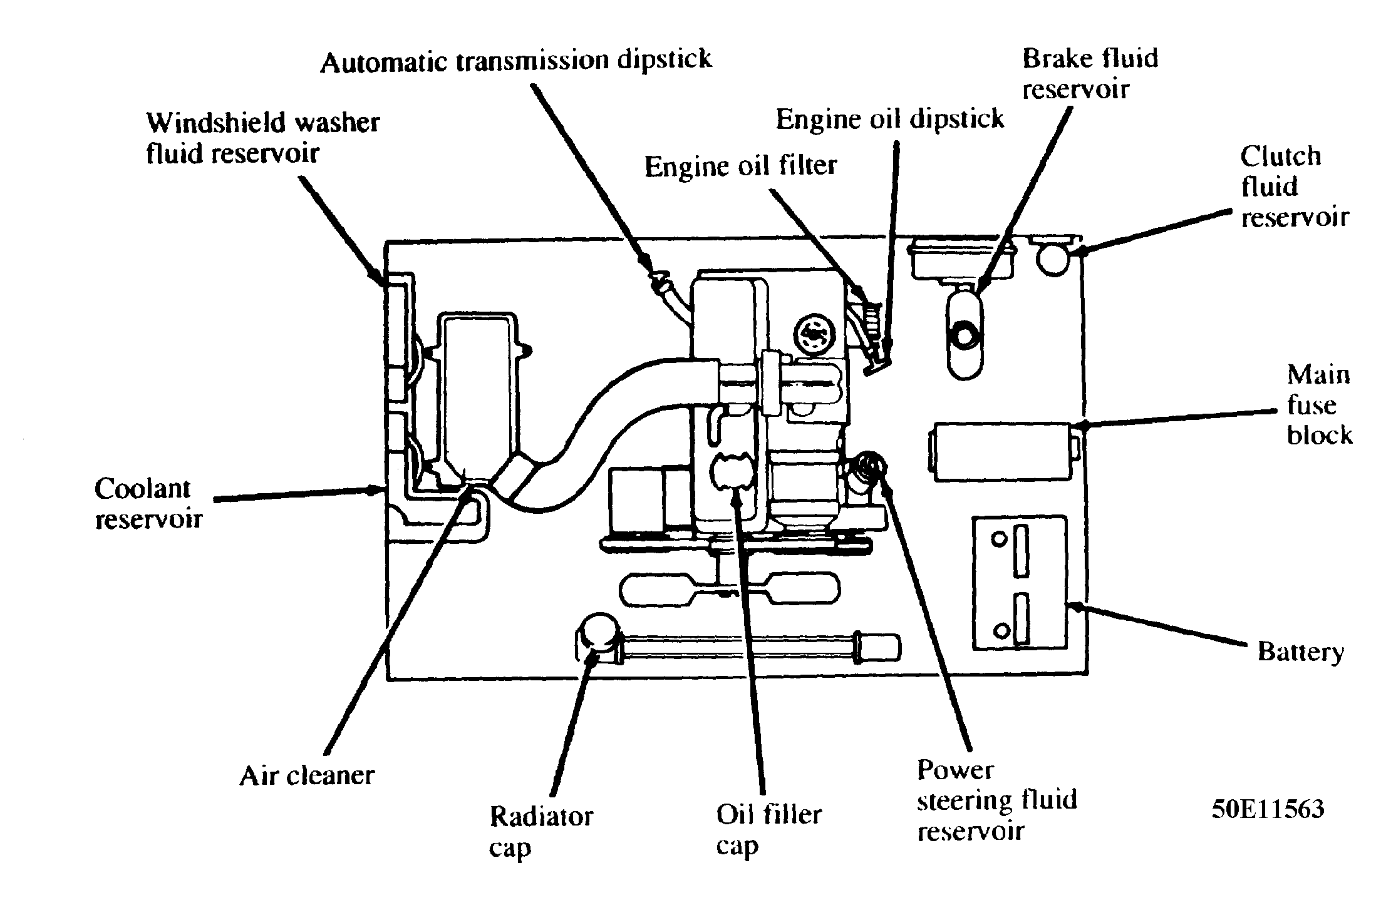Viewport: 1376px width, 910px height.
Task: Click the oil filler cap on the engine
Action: tap(730, 471)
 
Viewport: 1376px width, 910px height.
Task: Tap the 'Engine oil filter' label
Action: tap(741, 166)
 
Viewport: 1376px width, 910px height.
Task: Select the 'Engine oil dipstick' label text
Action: tap(889, 118)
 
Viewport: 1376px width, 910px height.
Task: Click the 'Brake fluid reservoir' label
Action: tap(1090, 73)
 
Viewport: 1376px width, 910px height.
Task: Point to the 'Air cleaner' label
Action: tap(307, 775)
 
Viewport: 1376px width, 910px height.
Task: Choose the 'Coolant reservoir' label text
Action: tap(148, 503)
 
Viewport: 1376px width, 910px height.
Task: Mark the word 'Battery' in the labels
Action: tap(1300, 652)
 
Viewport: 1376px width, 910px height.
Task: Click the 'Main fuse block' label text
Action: tap(1319, 405)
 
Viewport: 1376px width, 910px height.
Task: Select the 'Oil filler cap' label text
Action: tap(768, 829)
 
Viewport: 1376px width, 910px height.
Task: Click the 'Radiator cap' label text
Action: tap(540, 832)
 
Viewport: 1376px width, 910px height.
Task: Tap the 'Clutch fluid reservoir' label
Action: tap(1293, 187)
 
